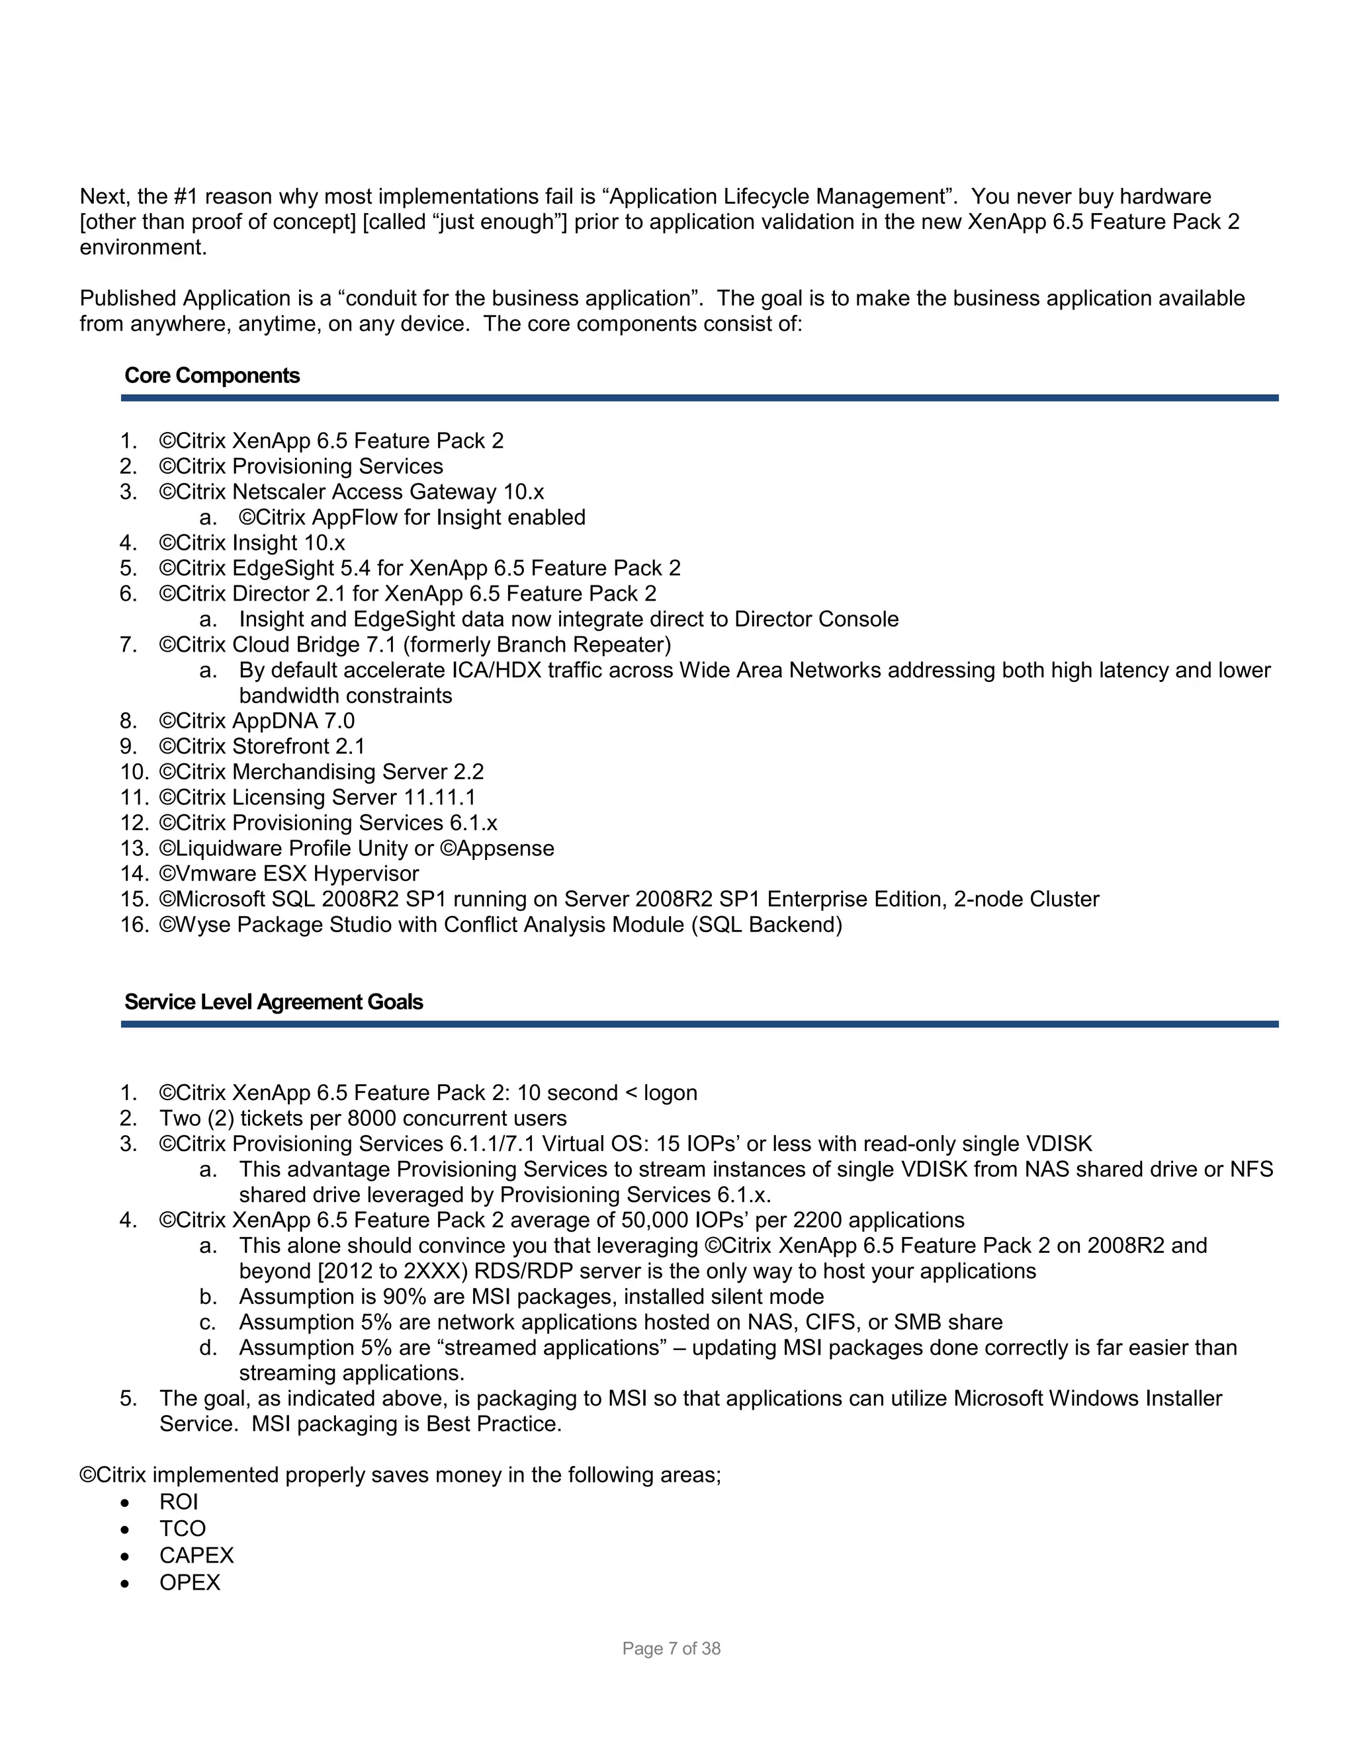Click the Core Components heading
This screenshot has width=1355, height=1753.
(212, 376)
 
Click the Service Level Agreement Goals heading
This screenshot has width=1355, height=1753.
(273, 1002)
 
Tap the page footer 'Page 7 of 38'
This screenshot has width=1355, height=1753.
(671, 1648)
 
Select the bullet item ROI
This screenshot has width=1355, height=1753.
(178, 1502)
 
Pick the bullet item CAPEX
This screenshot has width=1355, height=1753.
(196, 1555)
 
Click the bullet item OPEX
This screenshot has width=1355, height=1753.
(189, 1582)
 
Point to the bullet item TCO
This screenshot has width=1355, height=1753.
(182, 1528)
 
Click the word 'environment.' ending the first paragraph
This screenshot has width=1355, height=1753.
(143, 247)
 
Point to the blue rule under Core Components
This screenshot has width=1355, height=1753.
(699, 398)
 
